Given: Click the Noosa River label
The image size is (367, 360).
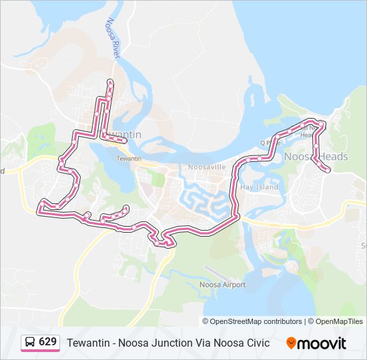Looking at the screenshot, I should click(x=111, y=39).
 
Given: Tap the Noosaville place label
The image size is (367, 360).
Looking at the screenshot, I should click(x=208, y=167).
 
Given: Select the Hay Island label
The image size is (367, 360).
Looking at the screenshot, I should click(x=259, y=187).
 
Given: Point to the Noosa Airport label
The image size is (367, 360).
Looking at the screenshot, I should click(x=223, y=285).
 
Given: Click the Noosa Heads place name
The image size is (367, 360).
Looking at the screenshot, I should click(x=316, y=157).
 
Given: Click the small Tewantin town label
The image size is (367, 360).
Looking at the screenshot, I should click(x=129, y=159).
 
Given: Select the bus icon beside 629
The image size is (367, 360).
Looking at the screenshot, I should click(x=31, y=343).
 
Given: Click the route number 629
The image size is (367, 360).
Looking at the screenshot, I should click(x=48, y=342).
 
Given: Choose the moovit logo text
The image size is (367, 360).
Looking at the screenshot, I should click(x=322, y=343).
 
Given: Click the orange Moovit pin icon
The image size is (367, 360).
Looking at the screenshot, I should click(x=291, y=343).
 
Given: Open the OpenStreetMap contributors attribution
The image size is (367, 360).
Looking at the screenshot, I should click(x=256, y=321).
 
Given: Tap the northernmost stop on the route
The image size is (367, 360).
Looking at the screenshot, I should click(x=110, y=82).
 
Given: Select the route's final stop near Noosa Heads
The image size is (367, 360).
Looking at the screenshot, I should click(x=328, y=170).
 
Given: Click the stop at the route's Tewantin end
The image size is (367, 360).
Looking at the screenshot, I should click(x=125, y=122).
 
